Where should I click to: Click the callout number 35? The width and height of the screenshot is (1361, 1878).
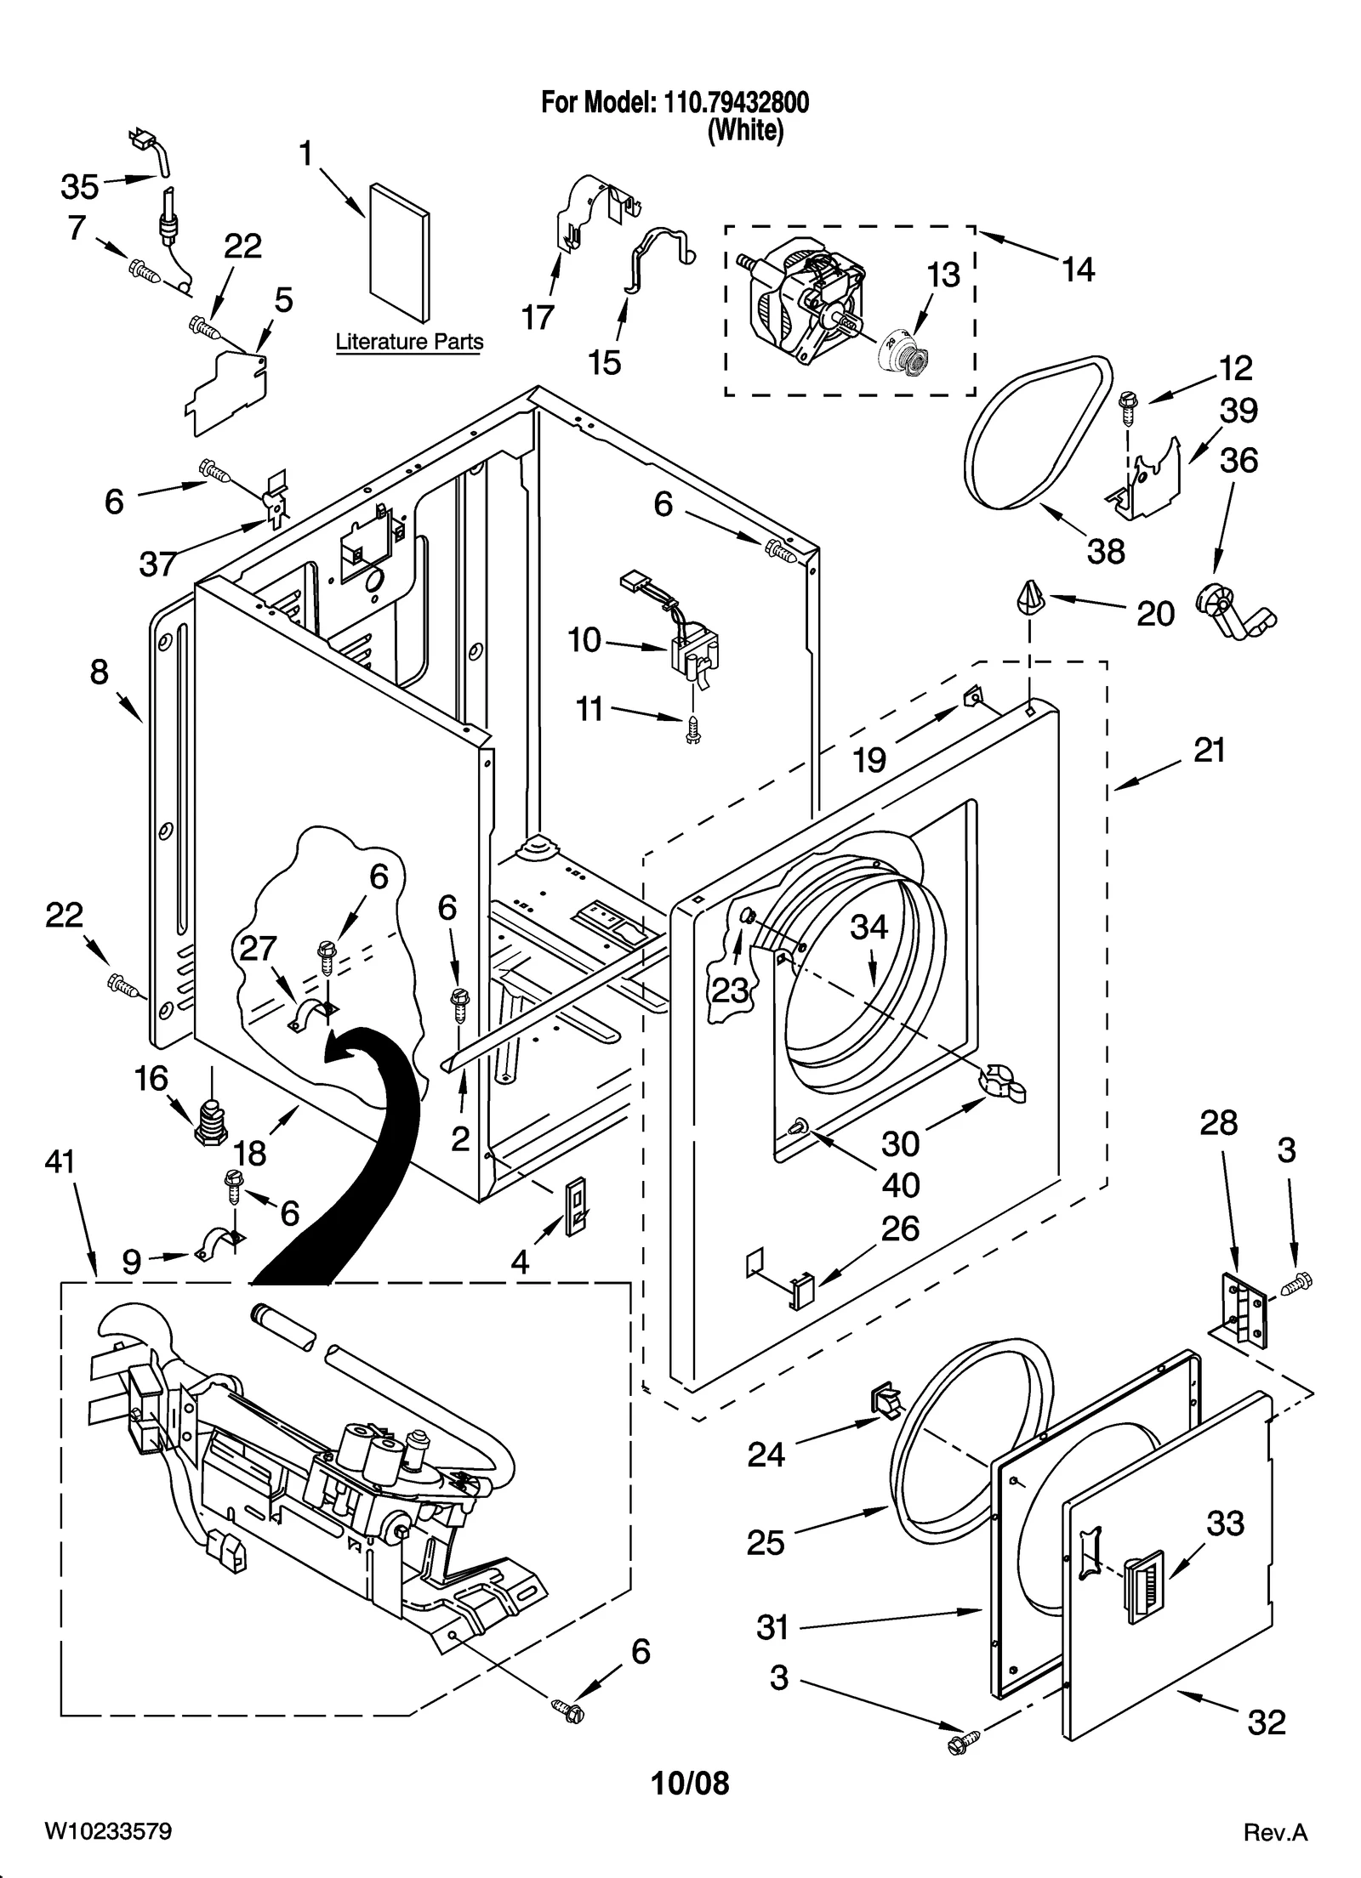(x=79, y=186)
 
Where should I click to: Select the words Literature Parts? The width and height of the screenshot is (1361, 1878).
(x=409, y=342)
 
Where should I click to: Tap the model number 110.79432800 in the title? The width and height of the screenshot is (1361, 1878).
(x=730, y=103)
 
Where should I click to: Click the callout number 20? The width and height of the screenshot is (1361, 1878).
(x=1155, y=613)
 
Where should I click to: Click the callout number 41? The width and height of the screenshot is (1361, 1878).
(x=60, y=1161)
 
